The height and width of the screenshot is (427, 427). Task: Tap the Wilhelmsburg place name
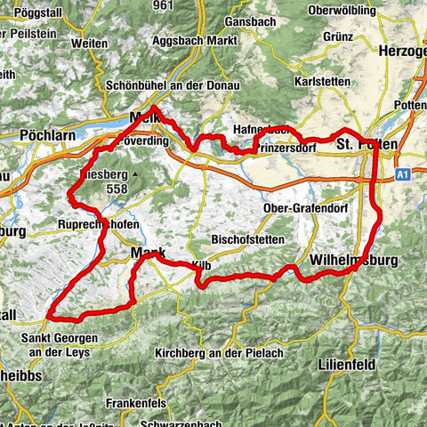pyautogui.click(x=353, y=260)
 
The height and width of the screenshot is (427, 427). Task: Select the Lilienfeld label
pyautogui.click(x=350, y=365)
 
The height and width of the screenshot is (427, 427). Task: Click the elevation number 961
pyautogui.click(x=163, y=5)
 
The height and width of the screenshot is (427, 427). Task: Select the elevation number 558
pyautogui.click(x=117, y=189)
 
